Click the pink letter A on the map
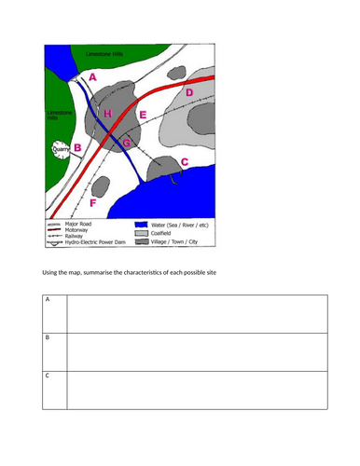90,80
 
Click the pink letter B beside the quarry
78,147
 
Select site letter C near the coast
183,162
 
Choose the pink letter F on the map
91,202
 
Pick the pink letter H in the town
107,114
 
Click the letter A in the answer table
48,300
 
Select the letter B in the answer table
48,337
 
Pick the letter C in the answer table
48,375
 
